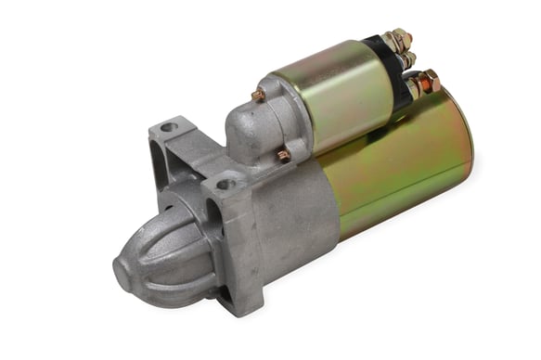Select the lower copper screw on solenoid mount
point(282,155)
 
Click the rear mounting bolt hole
point(168,127)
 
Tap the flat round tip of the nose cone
point(125,270)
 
